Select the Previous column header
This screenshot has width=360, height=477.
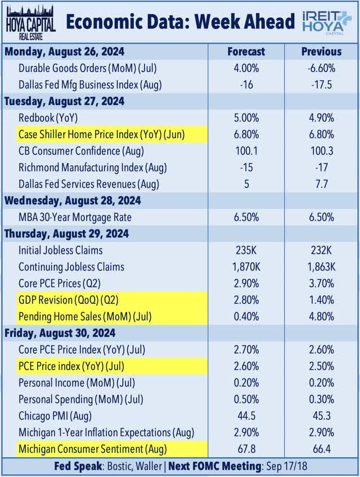[321, 51]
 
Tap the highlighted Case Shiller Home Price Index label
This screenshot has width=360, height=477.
[101, 134]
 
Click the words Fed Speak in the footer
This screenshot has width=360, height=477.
[75, 466]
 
